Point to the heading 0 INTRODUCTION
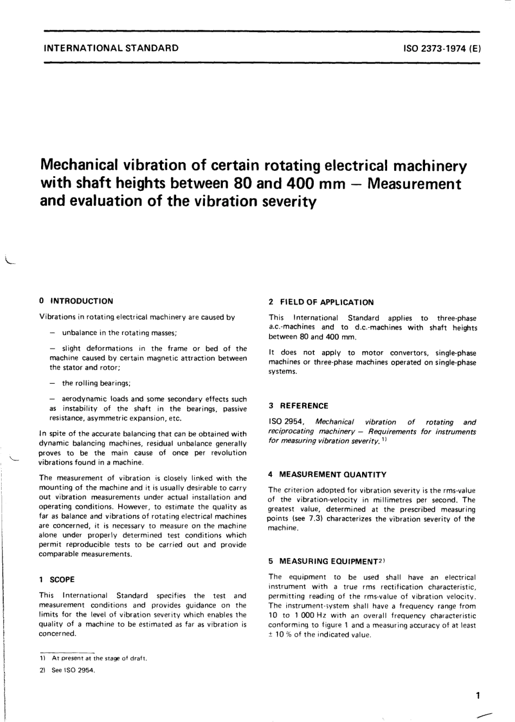click(76, 301)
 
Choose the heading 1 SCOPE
click(57, 579)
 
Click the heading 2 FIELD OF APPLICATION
click(321, 302)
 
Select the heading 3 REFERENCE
click(299, 405)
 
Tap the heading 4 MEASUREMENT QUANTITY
click(327, 474)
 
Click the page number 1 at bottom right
click(477, 695)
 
